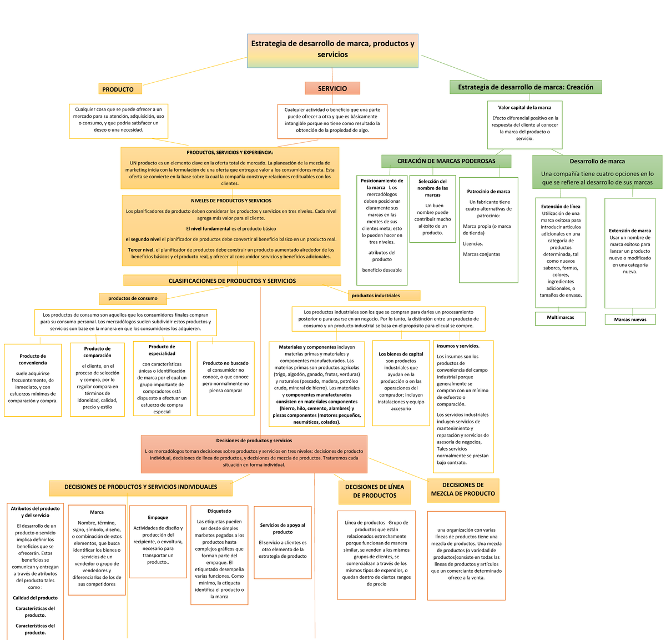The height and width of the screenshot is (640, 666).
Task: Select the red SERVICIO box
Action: click(332, 88)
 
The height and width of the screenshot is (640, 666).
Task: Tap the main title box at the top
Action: click(332, 49)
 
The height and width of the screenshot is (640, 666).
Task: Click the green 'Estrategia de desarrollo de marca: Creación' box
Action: click(525, 87)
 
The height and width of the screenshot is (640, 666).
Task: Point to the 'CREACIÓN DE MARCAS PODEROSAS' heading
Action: click(446, 161)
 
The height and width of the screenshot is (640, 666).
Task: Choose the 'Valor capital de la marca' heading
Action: click(524, 108)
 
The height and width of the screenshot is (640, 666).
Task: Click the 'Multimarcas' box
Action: click(560, 318)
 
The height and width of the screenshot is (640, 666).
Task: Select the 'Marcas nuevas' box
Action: click(630, 319)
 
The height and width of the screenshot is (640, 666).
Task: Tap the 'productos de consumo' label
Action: click(133, 298)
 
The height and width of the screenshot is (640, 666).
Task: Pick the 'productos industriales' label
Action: click(384, 296)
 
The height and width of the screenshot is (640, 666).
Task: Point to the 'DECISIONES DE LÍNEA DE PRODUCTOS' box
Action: click(375, 491)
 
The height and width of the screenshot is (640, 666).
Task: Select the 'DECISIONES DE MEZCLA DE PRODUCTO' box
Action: click(463, 489)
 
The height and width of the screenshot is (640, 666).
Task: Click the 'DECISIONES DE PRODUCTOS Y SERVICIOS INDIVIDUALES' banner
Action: click(140, 487)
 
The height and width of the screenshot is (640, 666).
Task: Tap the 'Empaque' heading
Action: click(158, 518)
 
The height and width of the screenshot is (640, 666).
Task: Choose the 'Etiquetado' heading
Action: click(219, 511)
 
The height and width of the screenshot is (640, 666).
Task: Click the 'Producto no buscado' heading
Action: click(225, 363)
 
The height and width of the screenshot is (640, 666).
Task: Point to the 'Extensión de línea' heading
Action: click(561, 207)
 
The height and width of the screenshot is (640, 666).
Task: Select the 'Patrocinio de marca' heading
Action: click(488, 192)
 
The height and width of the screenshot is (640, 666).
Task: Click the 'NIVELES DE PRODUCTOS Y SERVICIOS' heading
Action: click(231, 201)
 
